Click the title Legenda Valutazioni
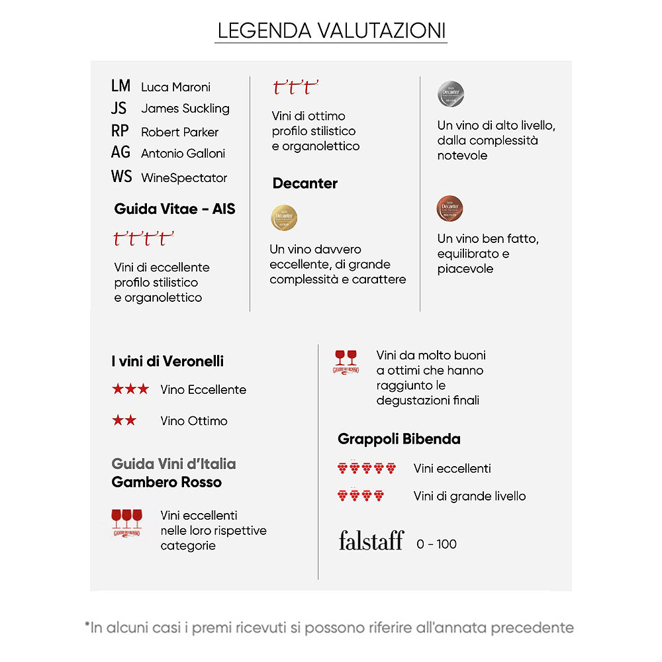pyautogui.click(x=331, y=30)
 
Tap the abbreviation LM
pyautogui.click(x=121, y=86)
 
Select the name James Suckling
pyautogui.click(x=185, y=109)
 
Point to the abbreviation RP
pyautogui.click(x=120, y=131)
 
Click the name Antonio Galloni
pyautogui.click(x=183, y=154)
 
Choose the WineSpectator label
pyautogui.click(x=184, y=177)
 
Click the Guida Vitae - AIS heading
pyautogui.click(x=175, y=209)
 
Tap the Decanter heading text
pyautogui.click(x=305, y=183)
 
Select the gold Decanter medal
pyautogui.click(x=284, y=218)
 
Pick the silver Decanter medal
pyautogui.click(x=451, y=95)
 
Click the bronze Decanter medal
pyautogui.click(x=450, y=209)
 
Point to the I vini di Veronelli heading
pyautogui.click(x=167, y=361)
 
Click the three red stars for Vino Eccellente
pyautogui.click(x=130, y=389)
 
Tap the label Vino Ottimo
pyautogui.click(x=194, y=421)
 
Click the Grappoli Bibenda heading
pyautogui.click(x=399, y=439)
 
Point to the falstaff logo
pyautogui.click(x=371, y=541)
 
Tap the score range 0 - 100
pyautogui.click(x=437, y=544)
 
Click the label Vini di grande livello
pyautogui.click(x=470, y=496)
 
